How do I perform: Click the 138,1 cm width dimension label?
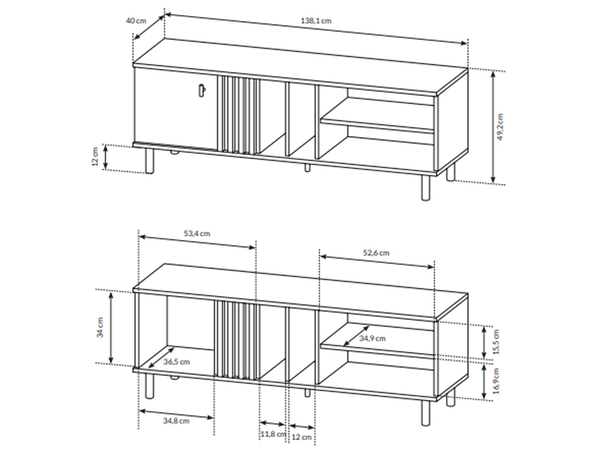point(316,21)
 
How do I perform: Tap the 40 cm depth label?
point(136,21)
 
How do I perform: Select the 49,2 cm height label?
point(500,127)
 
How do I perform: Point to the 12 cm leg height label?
point(95,157)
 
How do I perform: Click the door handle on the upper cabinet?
point(202,91)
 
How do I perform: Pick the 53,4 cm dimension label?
point(197,234)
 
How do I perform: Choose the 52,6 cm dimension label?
point(376,253)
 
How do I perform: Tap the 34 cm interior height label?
point(100,327)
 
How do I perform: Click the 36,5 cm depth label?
point(177,362)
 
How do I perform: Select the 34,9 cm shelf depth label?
point(372,338)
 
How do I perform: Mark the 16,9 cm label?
point(496,381)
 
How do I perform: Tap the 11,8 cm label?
point(273,434)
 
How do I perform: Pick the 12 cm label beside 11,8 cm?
point(302,437)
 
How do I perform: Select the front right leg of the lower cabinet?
point(426,413)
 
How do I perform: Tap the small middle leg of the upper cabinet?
point(307,168)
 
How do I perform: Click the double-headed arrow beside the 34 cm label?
point(111,328)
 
